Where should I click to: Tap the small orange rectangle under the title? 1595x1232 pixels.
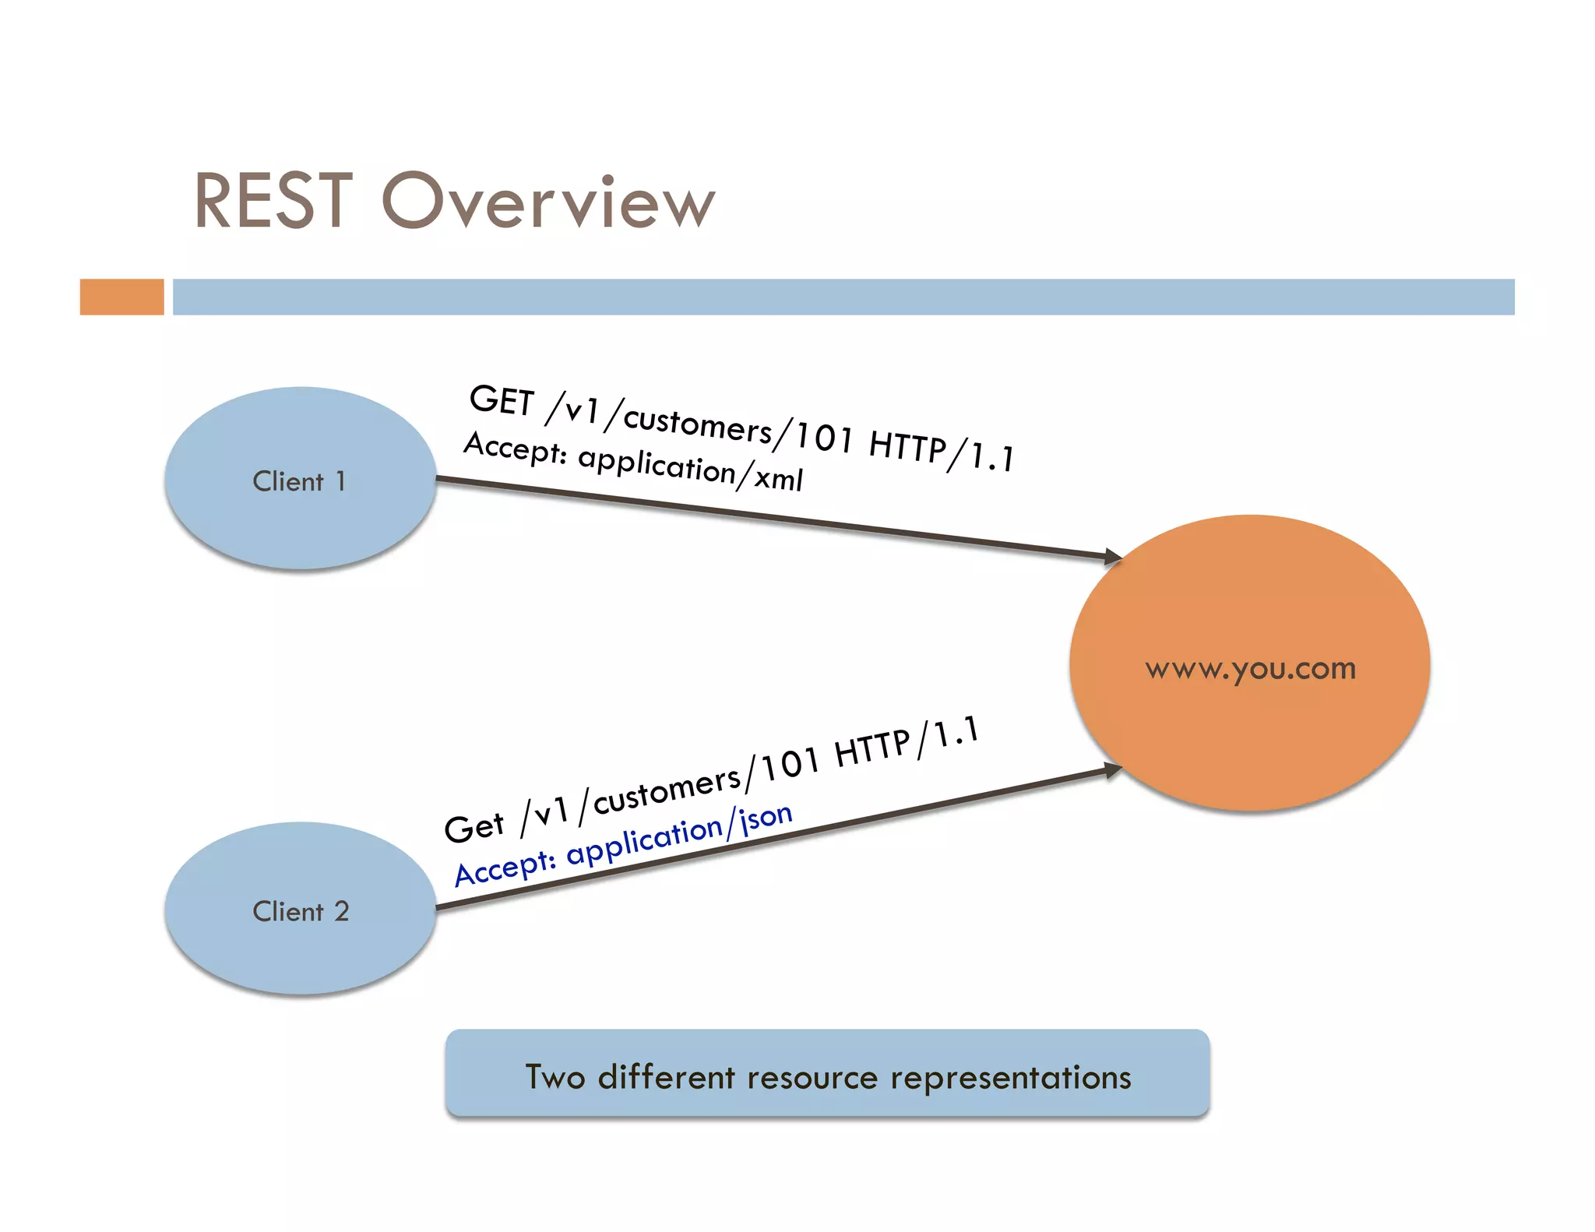(121, 297)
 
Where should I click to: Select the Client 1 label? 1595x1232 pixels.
(299, 481)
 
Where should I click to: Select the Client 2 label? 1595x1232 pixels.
(301, 911)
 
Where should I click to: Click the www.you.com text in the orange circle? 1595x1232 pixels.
(1250, 669)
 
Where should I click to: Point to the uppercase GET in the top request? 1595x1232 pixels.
(501, 400)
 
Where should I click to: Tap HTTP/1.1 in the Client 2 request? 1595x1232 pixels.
(906, 743)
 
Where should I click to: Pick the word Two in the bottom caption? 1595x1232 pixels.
(555, 1077)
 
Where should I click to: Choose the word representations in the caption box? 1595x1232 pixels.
(1010, 1077)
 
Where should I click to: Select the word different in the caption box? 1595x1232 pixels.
(666, 1077)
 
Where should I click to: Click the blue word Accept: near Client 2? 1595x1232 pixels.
(505, 868)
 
